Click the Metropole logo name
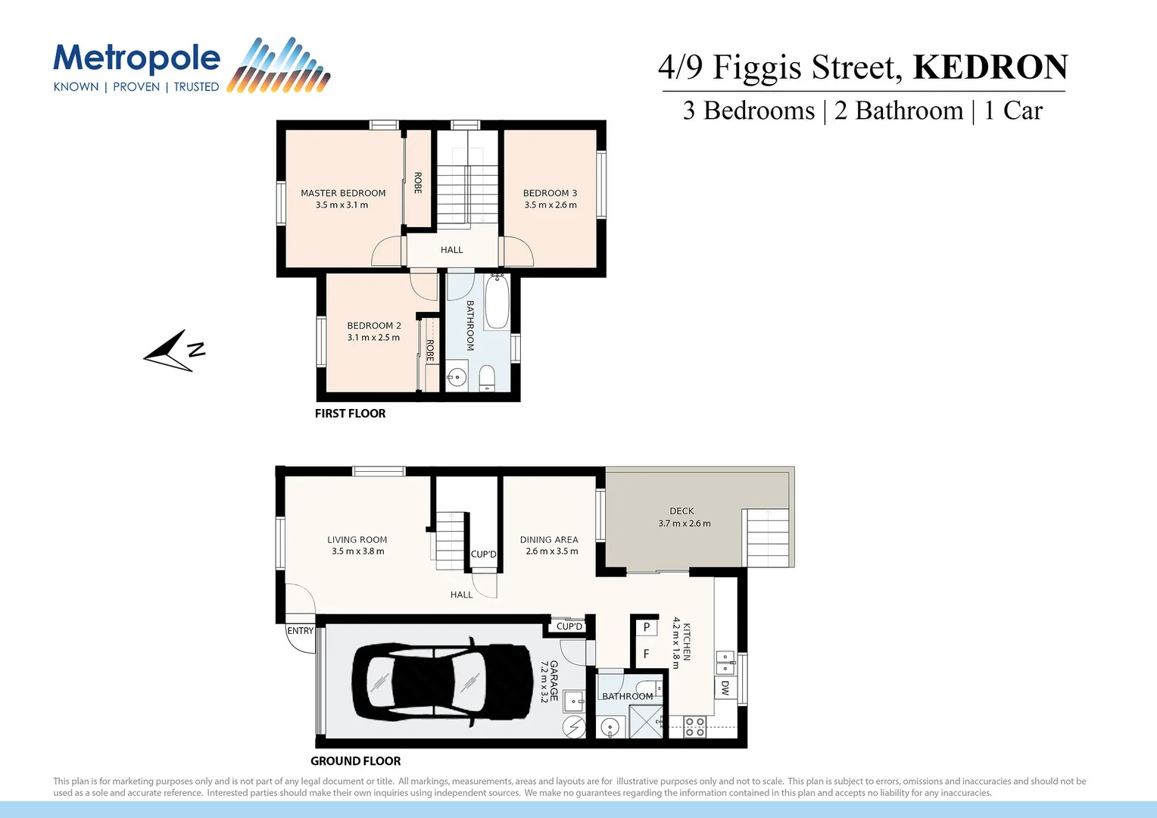136,59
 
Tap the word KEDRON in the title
990,67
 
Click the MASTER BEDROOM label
343,193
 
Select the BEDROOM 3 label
550,193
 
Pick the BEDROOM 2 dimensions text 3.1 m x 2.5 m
373,338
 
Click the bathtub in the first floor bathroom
497,303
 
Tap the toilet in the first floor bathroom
487,377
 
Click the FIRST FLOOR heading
350,414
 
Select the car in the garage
443,682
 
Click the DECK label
681,511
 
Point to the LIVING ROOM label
357,540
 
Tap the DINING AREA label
549,540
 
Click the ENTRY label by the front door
300,631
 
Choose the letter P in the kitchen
646,627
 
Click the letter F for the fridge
646,654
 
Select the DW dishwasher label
725,688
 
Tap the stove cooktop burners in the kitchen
695,727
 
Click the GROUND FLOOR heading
355,761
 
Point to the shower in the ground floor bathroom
645,721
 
